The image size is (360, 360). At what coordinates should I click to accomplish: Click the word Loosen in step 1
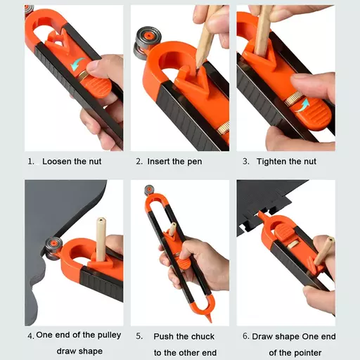click(x=57, y=161)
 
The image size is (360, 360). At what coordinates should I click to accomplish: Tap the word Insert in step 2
click(x=160, y=161)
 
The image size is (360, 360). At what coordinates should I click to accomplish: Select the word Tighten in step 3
click(x=270, y=161)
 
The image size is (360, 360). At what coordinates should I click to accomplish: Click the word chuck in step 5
click(x=202, y=336)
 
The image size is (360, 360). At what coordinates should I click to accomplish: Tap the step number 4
click(x=30, y=336)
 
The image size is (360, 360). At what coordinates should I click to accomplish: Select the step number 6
click(x=245, y=336)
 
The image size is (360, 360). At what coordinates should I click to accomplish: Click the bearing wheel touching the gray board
click(x=51, y=247)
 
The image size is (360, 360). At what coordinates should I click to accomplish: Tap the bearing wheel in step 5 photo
click(x=148, y=189)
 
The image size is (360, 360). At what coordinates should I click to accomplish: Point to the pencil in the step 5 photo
click(x=172, y=232)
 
